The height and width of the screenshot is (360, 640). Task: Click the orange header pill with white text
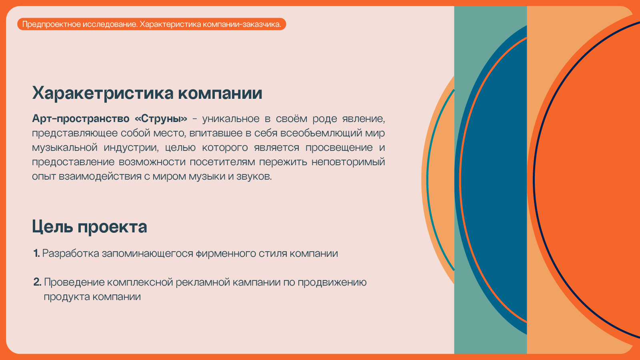coord(152,24)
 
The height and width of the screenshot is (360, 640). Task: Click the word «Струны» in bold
coord(161,118)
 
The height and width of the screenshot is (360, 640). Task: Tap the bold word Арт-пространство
coord(80,118)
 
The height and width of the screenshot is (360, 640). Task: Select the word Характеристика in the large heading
coord(103,93)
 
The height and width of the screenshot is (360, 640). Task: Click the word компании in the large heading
coord(220,93)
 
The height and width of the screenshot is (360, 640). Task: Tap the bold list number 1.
coord(36,253)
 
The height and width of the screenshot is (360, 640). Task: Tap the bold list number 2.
coord(37,282)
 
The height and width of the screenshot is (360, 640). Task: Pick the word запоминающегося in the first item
coord(148,254)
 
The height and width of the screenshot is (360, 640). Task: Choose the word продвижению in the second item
coord(332,282)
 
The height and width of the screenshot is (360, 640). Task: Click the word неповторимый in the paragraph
coord(348,162)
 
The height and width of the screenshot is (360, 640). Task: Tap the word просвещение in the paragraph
coord(339,148)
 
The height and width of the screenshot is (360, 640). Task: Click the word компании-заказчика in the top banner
coord(242,24)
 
